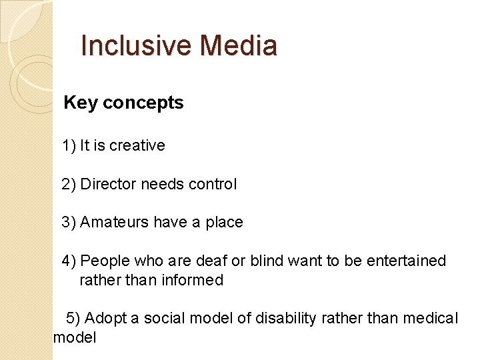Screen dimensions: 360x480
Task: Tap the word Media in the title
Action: [238, 46]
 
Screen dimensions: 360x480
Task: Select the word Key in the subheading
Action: [81, 103]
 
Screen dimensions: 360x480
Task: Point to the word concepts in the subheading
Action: [143, 103]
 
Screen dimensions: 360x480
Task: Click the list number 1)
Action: [69, 145]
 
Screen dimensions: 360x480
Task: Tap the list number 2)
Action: [69, 184]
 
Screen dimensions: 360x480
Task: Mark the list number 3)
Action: [69, 222]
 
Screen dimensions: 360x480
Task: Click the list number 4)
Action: [69, 261]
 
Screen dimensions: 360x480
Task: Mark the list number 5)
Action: [73, 318]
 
